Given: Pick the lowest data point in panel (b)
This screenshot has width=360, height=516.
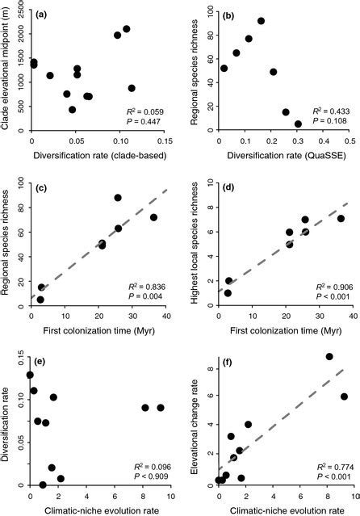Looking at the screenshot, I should click(298, 124).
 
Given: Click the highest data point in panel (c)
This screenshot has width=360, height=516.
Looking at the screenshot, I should click(118, 197).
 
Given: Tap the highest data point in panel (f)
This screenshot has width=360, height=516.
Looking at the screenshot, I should click(329, 379).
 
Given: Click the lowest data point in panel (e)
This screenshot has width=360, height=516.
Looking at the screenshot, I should click(43, 485).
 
